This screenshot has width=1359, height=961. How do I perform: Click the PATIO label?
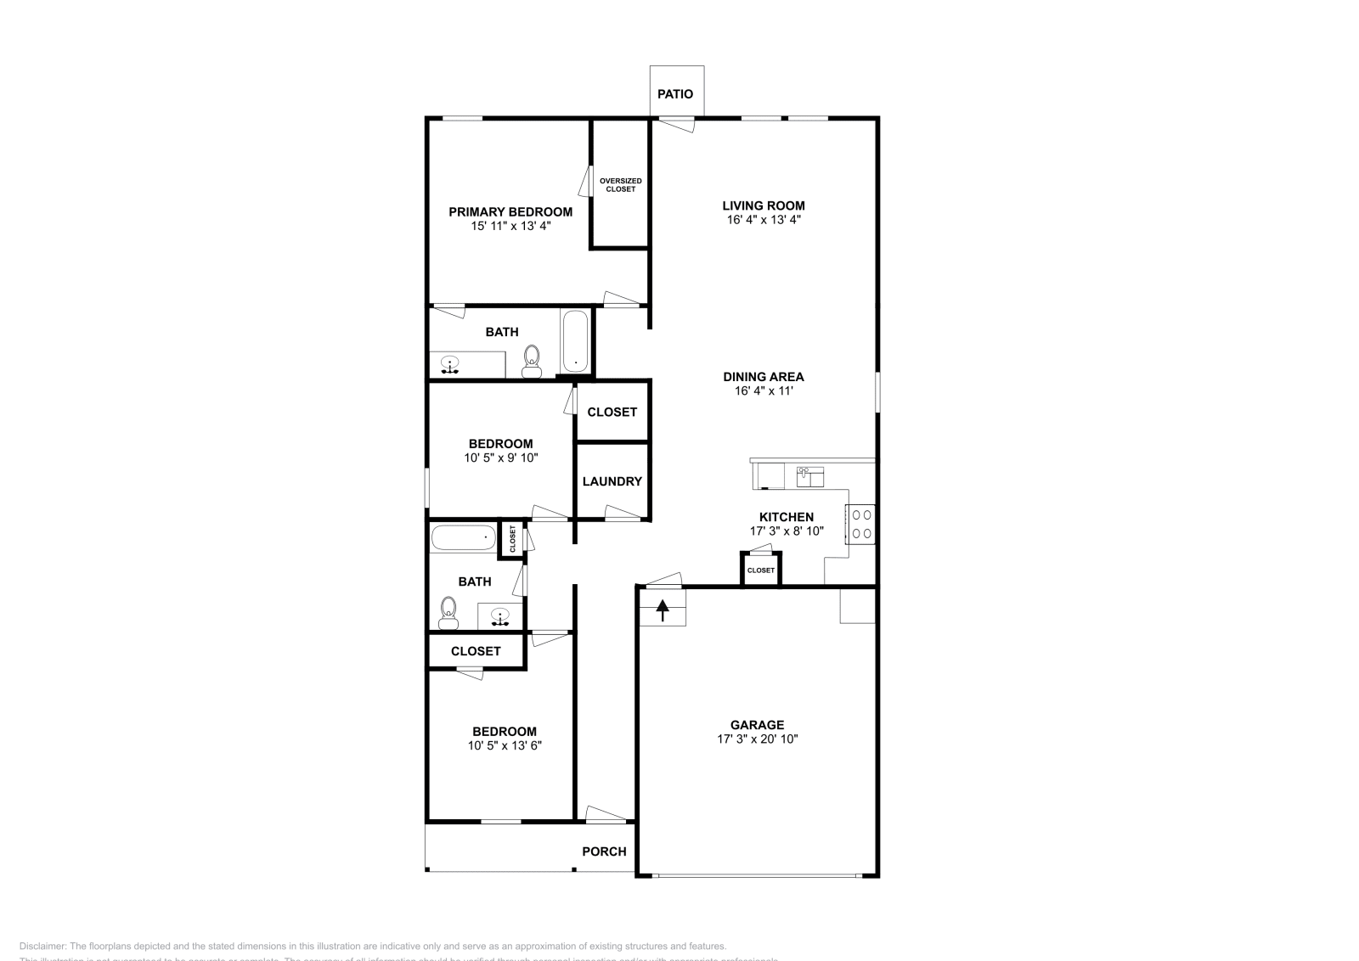click(675, 94)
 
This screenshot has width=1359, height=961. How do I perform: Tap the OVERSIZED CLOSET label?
click(620, 185)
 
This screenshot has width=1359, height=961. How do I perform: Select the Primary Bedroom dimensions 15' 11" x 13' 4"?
click(510, 227)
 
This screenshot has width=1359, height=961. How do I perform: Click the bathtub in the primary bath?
click(575, 342)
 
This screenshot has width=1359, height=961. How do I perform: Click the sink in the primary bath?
click(450, 365)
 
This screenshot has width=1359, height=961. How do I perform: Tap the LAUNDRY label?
click(612, 481)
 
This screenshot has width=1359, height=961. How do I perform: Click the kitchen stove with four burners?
click(860, 524)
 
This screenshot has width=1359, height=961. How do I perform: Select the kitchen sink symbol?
click(809, 476)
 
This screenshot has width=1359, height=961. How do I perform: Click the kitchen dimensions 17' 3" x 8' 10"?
click(786, 531)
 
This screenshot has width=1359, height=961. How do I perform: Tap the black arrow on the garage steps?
click(663, 609)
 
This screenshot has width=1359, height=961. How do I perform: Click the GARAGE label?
click(757, 725)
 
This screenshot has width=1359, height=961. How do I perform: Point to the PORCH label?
click(604, 851)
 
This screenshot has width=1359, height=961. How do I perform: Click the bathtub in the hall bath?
click(463, 538)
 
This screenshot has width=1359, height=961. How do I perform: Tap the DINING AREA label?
click(763, 377)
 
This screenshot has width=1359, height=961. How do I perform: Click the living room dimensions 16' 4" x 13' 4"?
click(763, 220)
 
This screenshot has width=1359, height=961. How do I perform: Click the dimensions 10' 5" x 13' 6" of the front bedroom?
click(505, 746)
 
